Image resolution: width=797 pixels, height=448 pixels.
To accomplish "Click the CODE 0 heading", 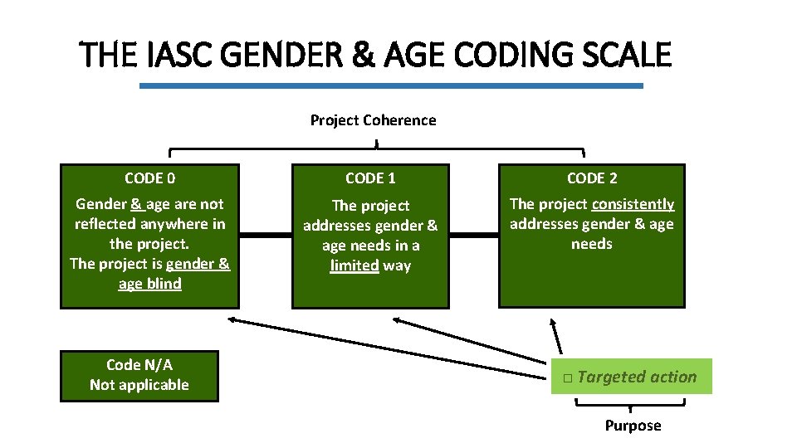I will (x=149, y=178).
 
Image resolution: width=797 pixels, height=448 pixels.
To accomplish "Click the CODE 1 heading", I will (x=370, y=178).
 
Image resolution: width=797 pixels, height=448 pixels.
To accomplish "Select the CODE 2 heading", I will (x=592, y=178).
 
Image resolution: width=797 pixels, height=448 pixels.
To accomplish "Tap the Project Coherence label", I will (x=373, y=120).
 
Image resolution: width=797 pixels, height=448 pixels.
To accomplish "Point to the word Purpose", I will (x=633, y=426).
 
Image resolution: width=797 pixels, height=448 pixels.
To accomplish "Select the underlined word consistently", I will (x=633, y=204).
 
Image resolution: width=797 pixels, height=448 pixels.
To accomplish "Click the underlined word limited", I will (x=354, y=265).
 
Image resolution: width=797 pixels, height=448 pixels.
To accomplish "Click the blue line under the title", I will (x=390, y=85).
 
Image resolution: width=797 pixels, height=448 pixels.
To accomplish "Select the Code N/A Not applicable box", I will (x=139, y=376).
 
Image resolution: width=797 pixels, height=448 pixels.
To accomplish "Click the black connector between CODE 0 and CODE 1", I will (x=266, y=236).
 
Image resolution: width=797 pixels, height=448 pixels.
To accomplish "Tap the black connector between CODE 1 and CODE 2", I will (x=473, y=236).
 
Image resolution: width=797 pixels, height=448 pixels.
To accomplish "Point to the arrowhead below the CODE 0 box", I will (x=233, y=319).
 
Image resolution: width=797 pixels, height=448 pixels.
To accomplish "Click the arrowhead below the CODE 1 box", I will (x=399, y=319).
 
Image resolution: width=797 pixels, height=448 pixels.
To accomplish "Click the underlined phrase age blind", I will (x=149, y=284).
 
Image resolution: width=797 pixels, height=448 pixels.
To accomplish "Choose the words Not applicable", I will (x=139, y=385).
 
